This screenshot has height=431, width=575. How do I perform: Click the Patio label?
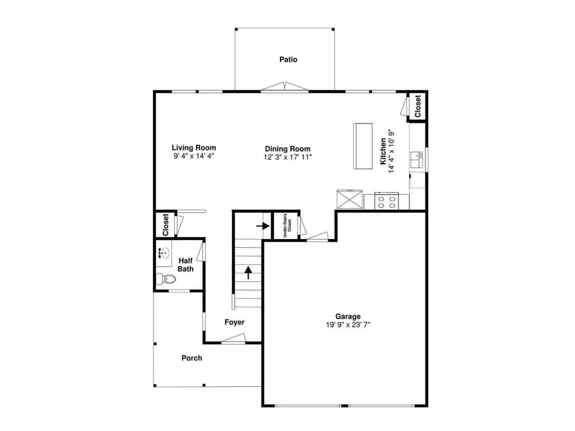[x=288, y=59]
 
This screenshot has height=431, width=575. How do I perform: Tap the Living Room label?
[x=194, y=148]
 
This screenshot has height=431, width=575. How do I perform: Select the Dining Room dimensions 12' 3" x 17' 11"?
[x=288, y=157]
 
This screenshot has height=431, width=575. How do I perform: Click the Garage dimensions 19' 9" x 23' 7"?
[x=348, y=325]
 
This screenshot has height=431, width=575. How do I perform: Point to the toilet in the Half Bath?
[x=166, y=279]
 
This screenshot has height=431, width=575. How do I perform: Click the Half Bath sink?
[x=164, y=252]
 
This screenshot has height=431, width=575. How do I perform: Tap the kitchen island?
[x=363, y=146]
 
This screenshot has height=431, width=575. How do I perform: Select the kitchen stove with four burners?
[x=387, y=201]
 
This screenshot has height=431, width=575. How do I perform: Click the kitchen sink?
[x=416, y=160]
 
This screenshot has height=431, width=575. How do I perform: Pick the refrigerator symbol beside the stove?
[x=350, y=199]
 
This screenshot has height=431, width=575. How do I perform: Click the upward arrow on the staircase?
[x=248, y=272]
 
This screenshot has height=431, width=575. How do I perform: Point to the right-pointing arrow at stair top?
[x=263, y=226]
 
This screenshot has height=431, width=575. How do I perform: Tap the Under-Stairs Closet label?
[x=287, y=225]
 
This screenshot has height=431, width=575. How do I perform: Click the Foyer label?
[x=235, y=322]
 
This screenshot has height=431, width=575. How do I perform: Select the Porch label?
[x=192, y=358]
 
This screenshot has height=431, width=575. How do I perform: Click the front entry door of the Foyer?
[x=233, y=339]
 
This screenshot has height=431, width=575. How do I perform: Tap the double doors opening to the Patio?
[x=285, y=86]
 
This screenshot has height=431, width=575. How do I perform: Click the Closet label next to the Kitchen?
[x=417, y=106]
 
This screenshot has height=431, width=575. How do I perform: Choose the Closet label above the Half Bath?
[x=166, y=225]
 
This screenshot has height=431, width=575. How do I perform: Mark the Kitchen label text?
[x=383, y=151]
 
